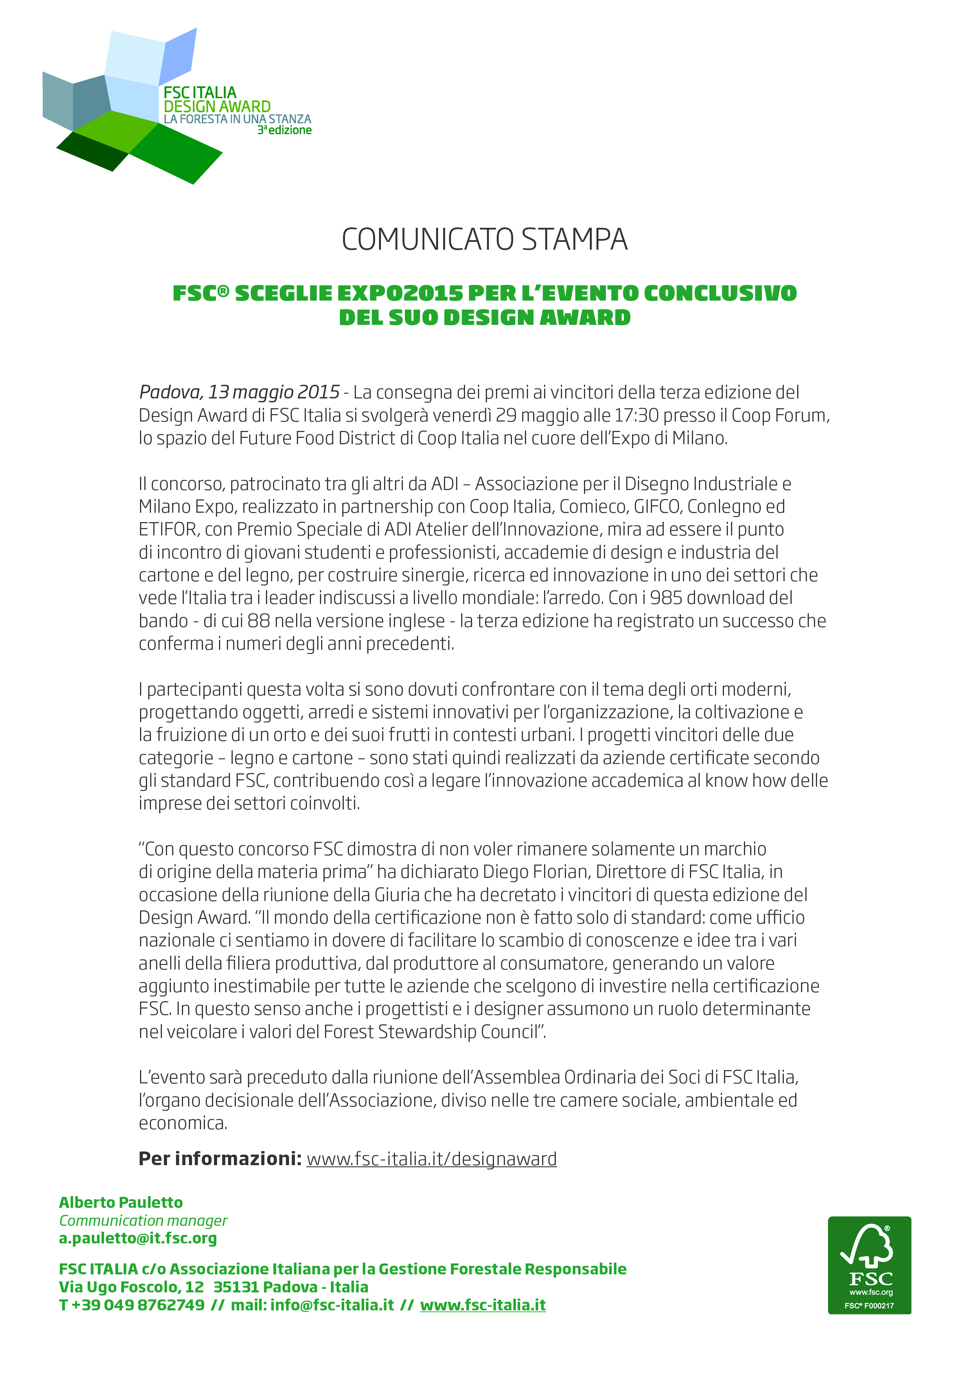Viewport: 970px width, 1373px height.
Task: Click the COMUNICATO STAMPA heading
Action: click(484, 240)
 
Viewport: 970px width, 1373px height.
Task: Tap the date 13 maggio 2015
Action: click(274, 392)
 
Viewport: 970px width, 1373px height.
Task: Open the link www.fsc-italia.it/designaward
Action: click(431, 1159)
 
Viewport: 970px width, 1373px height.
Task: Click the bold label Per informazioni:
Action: click(220, 1159)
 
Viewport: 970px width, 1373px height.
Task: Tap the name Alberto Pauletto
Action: click(121, 1203)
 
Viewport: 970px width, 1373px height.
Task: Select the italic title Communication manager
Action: click(143, 1220)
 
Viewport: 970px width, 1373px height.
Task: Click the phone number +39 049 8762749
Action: click(137, 1305)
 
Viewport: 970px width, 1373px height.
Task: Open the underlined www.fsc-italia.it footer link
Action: click(483, 1305)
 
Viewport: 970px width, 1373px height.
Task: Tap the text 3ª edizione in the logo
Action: click(284, 130)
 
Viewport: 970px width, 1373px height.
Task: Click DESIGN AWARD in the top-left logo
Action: click(217, 106)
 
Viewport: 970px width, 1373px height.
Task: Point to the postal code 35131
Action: click(235, 1287)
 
